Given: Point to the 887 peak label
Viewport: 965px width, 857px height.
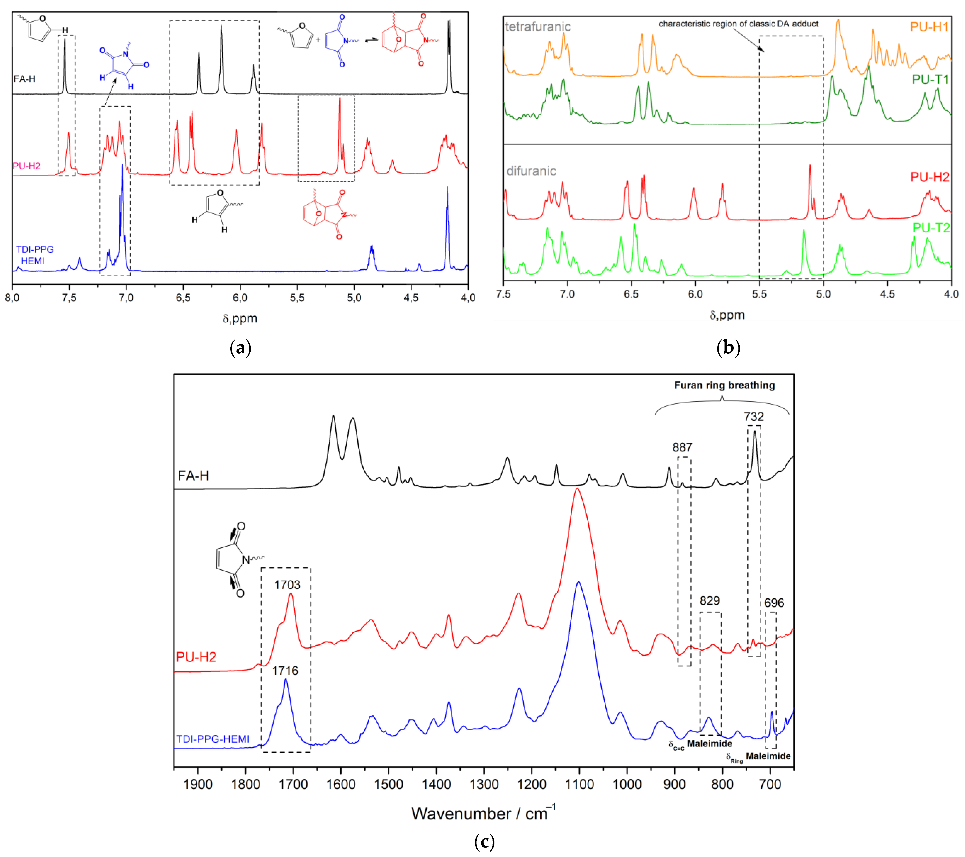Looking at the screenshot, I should pos(682,447).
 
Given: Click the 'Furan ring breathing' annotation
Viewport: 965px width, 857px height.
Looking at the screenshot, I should pos(724,385).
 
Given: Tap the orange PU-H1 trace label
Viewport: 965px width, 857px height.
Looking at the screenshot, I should pos(929,27).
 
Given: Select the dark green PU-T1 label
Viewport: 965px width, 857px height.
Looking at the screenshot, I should pos(930,79).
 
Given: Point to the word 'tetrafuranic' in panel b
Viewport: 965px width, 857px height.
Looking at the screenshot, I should pos(538,27).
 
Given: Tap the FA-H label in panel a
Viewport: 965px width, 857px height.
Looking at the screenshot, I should pos(25,79).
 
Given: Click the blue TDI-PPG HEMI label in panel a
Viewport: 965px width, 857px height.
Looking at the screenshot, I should pos(34,255).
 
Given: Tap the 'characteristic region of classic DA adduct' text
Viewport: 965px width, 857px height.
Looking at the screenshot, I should pos(738,24).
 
